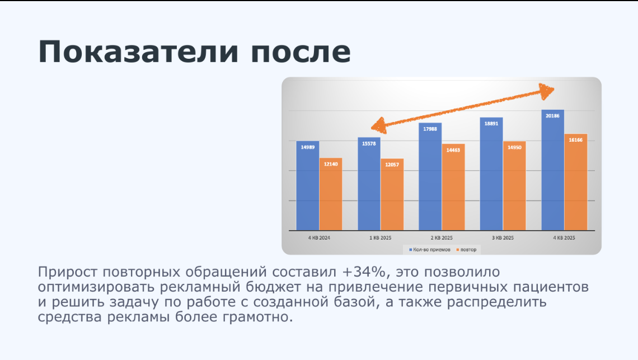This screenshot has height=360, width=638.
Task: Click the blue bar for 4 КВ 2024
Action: pos(308,186)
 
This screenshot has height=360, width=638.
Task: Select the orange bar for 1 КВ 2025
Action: pos(392,195)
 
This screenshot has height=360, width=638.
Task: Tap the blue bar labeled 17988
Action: pos(430,177)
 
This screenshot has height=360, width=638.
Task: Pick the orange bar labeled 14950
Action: pos(514,186)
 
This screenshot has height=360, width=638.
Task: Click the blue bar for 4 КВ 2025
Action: pos(552,170)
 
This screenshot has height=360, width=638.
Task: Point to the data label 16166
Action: pos(576,140)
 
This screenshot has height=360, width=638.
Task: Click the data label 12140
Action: pos(331,164)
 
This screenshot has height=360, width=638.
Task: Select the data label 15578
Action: pos(369,144)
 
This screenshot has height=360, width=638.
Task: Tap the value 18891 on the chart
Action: pos(491,123)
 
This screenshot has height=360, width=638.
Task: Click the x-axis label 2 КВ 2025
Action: pos(442,238)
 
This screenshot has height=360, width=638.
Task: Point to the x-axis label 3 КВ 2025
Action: pos(503,238)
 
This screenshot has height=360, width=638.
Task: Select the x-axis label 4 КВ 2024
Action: pos(319,238)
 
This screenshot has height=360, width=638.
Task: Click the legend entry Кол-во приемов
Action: pos(430,250)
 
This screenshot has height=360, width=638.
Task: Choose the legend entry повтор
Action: pos(466,250)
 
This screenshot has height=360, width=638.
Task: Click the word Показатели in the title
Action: pos(138,52)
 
